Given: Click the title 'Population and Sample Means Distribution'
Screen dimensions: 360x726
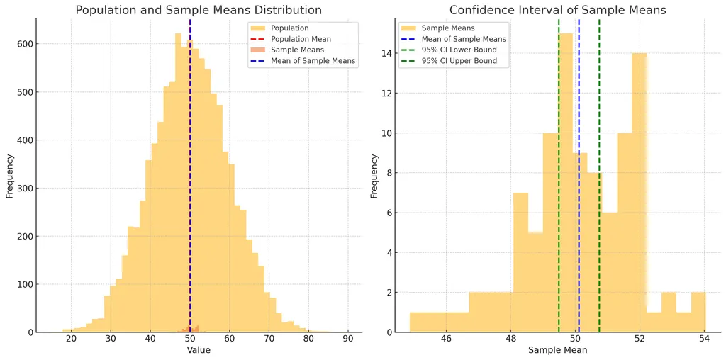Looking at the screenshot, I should (199, 11).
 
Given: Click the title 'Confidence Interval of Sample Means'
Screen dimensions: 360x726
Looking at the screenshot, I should (557, 11).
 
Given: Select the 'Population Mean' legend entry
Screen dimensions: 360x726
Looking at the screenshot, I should (301, 39).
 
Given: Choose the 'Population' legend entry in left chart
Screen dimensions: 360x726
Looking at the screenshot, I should (289, 28).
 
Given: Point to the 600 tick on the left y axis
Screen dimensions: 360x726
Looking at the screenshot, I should (24, 44).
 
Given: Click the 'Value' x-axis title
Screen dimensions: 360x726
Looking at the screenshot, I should (199, 350).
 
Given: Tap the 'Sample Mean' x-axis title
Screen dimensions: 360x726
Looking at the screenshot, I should (557, 350).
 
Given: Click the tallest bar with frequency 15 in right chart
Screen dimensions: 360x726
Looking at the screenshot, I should (565, 177).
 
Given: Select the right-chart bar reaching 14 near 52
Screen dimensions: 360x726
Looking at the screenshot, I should (640, 191).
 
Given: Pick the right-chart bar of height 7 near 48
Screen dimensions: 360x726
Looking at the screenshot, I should (520, 262).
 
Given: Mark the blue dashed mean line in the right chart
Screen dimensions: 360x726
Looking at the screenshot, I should (579, 213).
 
